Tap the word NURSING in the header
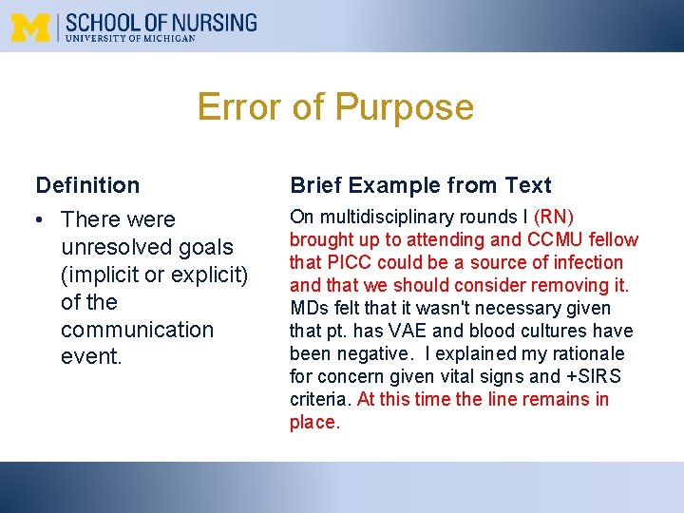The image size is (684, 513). pos(217,21)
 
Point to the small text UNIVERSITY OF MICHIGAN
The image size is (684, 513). pos(130,39)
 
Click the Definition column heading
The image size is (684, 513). pos(87,185)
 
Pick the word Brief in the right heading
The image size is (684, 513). pos(316,185)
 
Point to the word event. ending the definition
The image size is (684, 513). pos(91,357)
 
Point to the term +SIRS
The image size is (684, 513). pos(595,376)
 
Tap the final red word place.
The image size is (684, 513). pos(313,422)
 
